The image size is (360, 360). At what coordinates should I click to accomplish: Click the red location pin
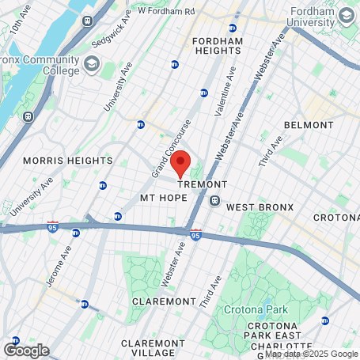tap(180, 162)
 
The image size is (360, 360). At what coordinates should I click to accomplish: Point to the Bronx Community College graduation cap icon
tap(92, 63)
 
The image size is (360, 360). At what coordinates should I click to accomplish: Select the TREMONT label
tap(202, 184)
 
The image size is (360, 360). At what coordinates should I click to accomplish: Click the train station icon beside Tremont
tap(214, 201)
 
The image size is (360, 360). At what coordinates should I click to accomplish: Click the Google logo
tap(26, 350)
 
